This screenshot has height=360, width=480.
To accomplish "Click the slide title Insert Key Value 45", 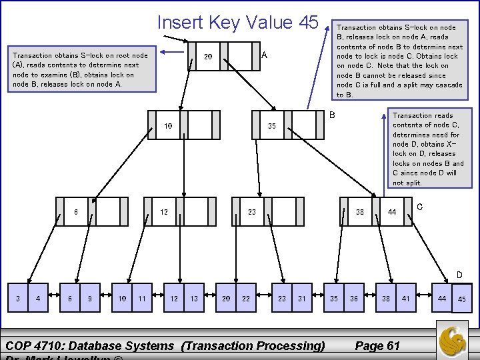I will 237,22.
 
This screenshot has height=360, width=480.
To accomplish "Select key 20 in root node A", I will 207,57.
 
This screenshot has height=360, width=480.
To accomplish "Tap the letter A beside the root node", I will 264,55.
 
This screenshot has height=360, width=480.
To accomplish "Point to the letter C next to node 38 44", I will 419,207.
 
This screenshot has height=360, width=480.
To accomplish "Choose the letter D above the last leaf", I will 459,274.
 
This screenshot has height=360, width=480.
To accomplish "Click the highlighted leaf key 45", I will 461,299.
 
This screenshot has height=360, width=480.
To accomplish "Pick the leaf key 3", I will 18,299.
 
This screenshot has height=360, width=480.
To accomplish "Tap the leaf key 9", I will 89,299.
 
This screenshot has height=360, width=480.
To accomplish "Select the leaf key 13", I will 193,299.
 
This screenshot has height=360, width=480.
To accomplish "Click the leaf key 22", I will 245,299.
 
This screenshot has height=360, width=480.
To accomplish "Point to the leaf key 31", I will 301,299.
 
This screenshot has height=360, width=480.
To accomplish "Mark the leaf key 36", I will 353,299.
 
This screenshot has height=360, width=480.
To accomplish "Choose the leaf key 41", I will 405,299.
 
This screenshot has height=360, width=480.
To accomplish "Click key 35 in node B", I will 272,126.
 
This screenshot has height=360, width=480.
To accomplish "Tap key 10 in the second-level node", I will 168,126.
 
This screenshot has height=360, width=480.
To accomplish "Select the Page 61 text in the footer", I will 377,345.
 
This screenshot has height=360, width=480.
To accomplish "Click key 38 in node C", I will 359,212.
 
